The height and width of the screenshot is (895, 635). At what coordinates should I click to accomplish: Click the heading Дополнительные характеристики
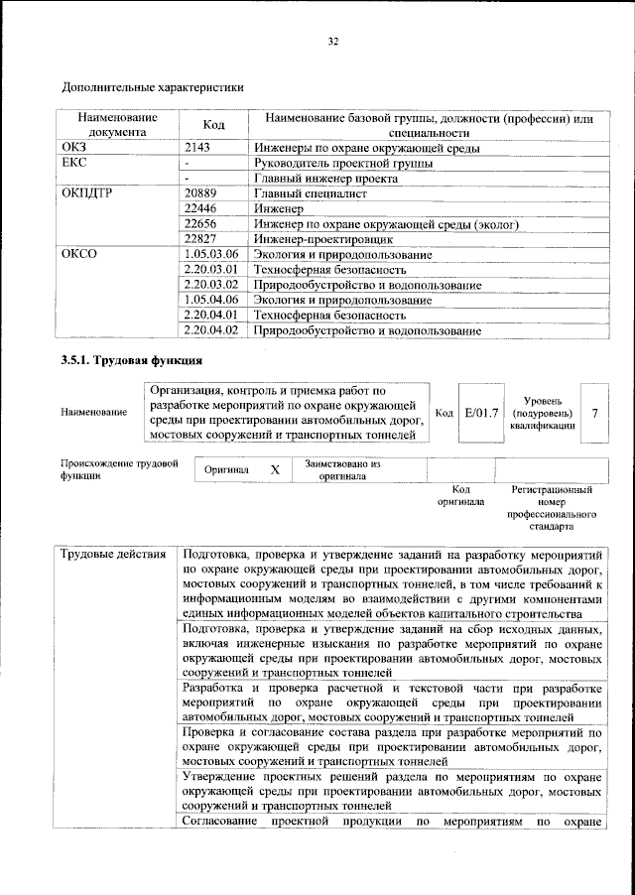[152, 87]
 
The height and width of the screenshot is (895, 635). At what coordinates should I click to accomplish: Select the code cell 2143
[199, 147]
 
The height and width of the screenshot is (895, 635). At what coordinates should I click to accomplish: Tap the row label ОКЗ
[75, 147]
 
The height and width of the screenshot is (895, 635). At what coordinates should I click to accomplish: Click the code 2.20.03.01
[212, 269]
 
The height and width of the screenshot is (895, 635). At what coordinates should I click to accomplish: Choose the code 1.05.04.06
[212, 299]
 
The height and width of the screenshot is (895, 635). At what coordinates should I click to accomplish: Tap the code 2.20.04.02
[212, 328]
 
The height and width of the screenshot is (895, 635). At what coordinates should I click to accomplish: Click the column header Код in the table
[213, 124]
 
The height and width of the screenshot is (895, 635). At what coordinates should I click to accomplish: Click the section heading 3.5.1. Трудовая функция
[132, 360]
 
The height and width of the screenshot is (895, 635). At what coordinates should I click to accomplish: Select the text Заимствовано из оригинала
[342, 469]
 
